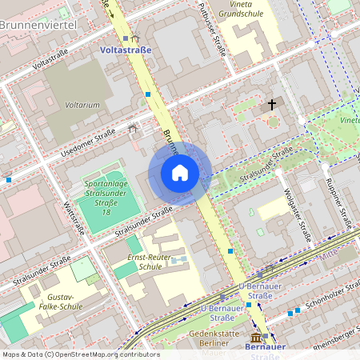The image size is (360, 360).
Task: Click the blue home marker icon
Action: tap(180, 173)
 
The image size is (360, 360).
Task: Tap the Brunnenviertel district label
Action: tap(38, 26)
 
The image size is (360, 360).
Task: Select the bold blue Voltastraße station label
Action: tap(126, 50)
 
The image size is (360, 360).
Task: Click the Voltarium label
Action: tap(82, 104)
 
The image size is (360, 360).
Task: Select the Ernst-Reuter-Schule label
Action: tap(151, 262)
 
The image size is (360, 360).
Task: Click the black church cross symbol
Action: tap(272, 104)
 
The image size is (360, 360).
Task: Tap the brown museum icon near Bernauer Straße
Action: tap(256, 338)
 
